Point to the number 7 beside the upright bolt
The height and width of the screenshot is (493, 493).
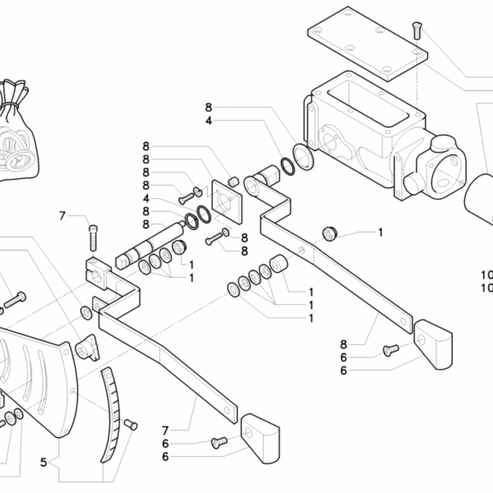62,216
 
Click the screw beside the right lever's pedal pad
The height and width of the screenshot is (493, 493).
390,352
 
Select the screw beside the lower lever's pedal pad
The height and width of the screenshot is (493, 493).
219,443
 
